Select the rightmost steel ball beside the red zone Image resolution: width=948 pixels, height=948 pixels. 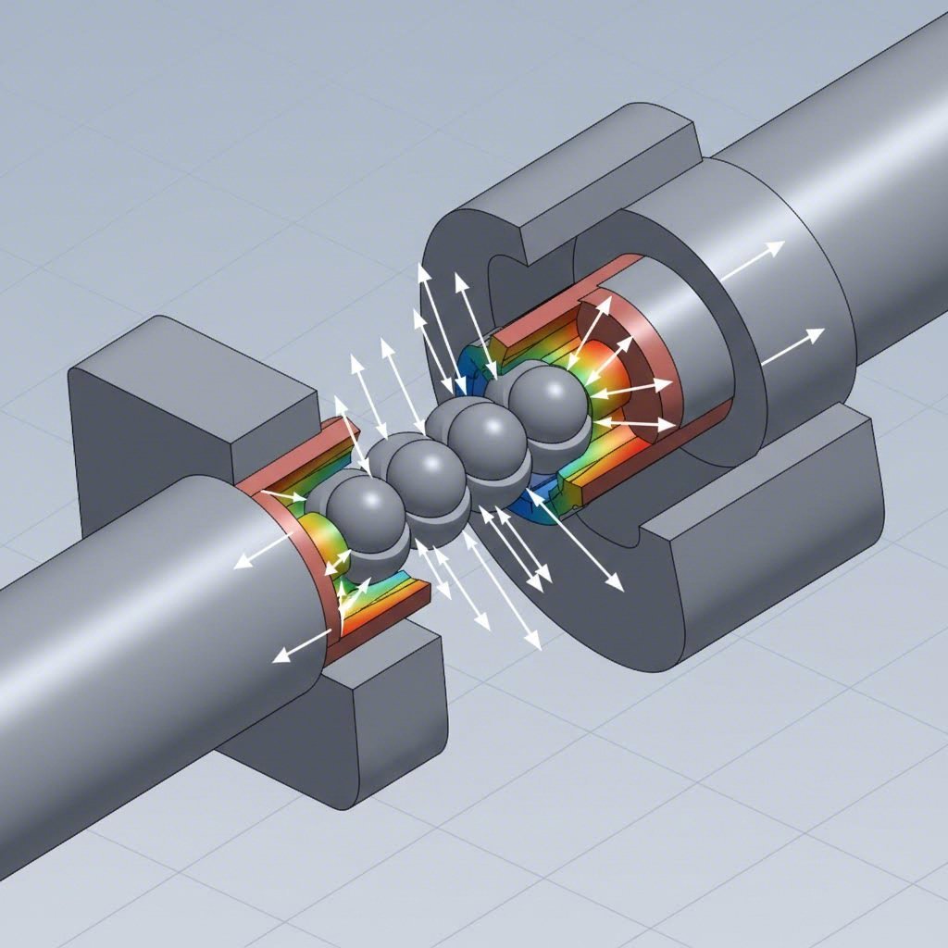tap(548, 398)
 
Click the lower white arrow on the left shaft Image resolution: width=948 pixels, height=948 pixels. tap(302, 643)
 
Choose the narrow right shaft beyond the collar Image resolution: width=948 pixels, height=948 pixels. tap(889, 185)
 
